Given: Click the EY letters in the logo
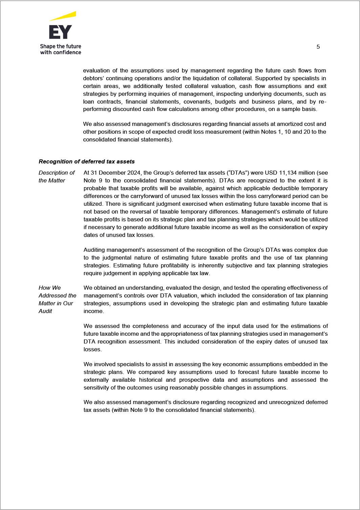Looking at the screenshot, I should point(60,32).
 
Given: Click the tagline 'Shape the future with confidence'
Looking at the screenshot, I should point(61,49).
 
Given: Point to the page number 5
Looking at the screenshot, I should point(318,47).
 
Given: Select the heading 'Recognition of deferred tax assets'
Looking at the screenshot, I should point(87,161).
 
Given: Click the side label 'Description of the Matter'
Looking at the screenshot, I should point(56,176).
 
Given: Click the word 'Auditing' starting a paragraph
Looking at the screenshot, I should point(94,250).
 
